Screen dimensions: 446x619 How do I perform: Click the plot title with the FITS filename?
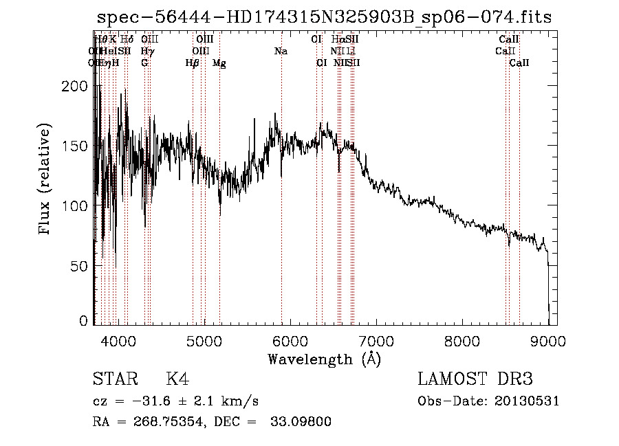[324, 17]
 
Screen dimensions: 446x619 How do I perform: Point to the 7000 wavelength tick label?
[376, 341]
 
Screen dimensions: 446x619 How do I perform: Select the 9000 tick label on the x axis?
[549, 341]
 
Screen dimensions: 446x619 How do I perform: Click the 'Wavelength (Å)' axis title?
[324, 359]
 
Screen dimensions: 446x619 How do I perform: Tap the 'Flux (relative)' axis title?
[46, 180]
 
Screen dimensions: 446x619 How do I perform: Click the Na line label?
[281, 51]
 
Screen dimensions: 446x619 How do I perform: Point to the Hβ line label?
[192, 63]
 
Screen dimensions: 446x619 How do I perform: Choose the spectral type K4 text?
[177, 379]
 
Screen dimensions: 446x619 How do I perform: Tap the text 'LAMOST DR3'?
[475, 379]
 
